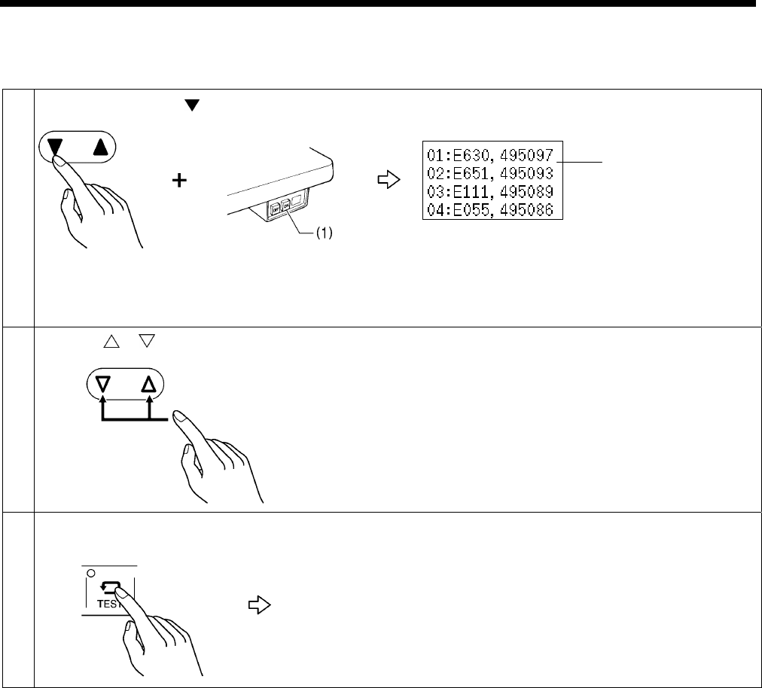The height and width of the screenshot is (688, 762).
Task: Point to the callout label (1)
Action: point(322,233)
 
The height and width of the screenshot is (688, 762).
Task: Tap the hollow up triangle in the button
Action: point(149,387)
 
